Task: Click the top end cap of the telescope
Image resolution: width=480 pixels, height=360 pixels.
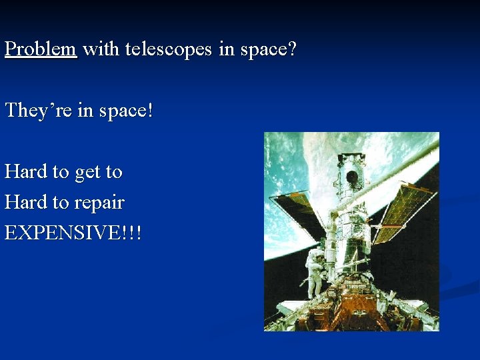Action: pyautogui.click(x=350, y=160)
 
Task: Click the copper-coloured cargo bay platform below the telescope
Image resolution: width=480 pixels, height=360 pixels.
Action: pyautogui.click(x=353, y=313)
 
